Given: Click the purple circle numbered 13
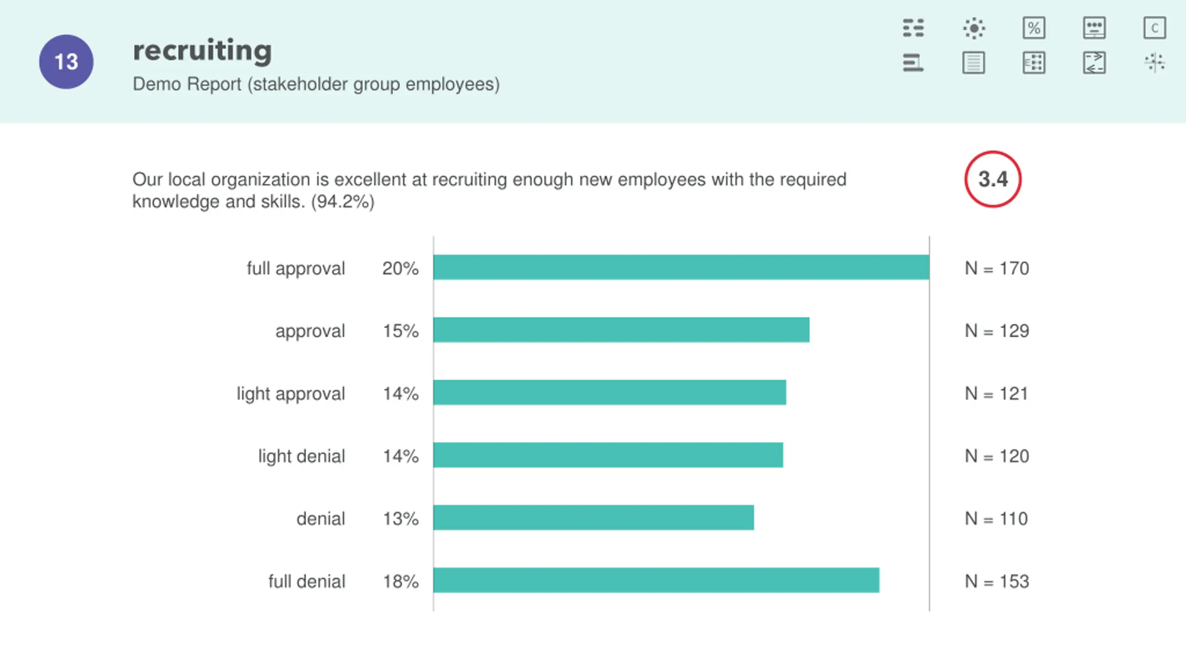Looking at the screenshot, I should (x=66, y=62).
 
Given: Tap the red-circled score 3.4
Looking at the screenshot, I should (x=993, y=179).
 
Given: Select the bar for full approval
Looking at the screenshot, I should (x=681, y=267).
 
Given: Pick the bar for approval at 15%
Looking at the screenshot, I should (x=621, y=330).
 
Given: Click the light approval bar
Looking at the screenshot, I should (x=610, y=392).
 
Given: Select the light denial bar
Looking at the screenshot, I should (x=608, y=455).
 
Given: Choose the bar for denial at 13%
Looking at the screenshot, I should (x=593, y=517).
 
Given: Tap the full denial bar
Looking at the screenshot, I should (x=656, y=580).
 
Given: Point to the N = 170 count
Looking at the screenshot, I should (x=997, y=268).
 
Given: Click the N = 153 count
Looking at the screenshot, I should (x=997, y=581).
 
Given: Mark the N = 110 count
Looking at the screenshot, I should (x=997, y=519).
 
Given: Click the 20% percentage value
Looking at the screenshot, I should (x=400, y=268).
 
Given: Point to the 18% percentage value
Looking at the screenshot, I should (x=400, y=581).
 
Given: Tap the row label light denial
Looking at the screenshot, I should (x=302, y=456).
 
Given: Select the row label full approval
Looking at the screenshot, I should (x=296, y=268).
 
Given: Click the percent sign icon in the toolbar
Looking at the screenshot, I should (x=1034, y=28).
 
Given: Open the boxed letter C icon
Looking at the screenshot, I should (x=1154, y=28).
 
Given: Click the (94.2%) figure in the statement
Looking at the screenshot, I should (x=343, y=202).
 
